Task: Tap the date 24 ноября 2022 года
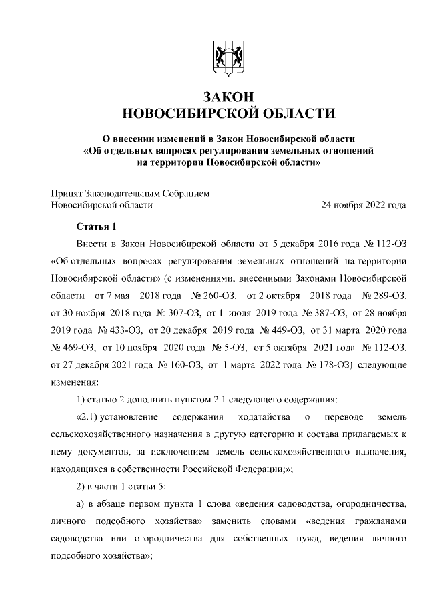[364, 205]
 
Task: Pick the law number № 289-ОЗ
[383, 294]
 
